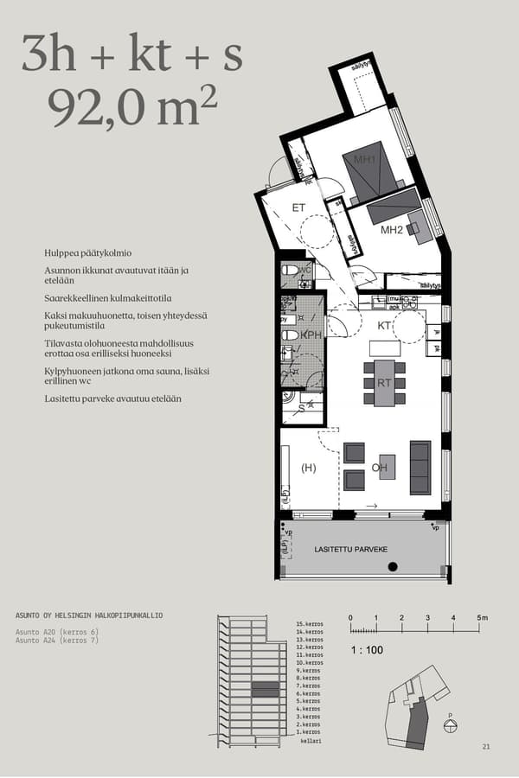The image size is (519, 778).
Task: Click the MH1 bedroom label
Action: (x=364, y=160)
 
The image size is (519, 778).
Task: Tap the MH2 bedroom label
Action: (x=392, y=230)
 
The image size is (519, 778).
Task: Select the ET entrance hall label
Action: (x=298, y=207)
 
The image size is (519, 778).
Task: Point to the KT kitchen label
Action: (x=385, y=326)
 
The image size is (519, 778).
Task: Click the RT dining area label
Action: (x=385, y=382)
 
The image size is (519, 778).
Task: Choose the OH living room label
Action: (x=379, y=469)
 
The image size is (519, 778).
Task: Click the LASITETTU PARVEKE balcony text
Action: (x=351, y=550)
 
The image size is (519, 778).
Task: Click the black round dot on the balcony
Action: (x=392, y=567)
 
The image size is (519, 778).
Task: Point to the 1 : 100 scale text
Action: (x=366, y=649)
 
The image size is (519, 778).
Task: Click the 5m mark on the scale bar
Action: (x=482, y=618)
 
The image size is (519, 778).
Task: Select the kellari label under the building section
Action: (x=311, y=741)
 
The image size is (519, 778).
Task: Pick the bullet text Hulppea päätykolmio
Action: (x=87, y=253)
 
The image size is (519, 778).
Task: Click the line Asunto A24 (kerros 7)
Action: (x=57, y=642)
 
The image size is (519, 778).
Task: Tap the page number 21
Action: (x=485, y=746)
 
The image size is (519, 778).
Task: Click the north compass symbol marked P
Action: (x=450, y=725)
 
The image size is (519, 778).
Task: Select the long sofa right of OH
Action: (x=420, y=467)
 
